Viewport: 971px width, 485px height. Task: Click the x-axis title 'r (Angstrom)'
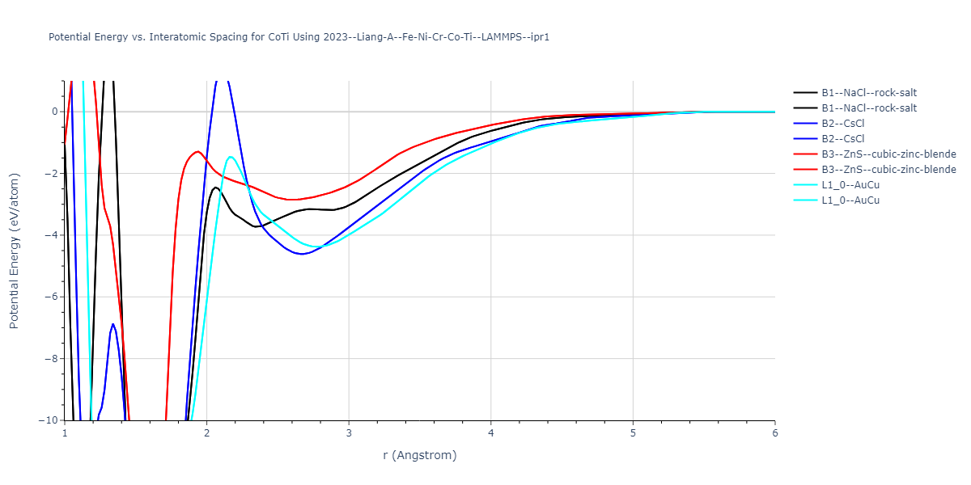click(420, 455)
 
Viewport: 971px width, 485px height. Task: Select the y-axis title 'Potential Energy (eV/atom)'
click(14, 251)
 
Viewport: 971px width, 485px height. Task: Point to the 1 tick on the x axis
click(65, 432)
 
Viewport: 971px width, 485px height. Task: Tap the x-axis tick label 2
click(206, 432)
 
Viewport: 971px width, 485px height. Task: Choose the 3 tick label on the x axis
click(349, 432)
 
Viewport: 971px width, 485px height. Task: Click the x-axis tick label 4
click(490, 432)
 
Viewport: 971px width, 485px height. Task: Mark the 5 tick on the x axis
click(633, 432)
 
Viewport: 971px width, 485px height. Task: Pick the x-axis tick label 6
click(774, 432)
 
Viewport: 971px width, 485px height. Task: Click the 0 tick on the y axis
click(55, 112)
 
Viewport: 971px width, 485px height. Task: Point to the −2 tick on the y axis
click(52, 173)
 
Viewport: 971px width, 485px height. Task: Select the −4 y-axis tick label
click(52, 235)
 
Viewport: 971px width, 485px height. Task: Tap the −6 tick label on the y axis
click(52, 297)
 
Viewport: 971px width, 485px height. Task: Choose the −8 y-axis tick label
click(52, 359)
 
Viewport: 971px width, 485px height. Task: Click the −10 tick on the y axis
click(49, 420)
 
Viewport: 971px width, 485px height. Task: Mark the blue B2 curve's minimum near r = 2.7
click(301, 254)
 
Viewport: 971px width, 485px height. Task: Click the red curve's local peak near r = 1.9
click(197, 151)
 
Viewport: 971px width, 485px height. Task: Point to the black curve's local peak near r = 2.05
click(215, 188)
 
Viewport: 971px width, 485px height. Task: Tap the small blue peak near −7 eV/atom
click(112, 324)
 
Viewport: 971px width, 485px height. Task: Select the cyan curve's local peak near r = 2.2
click(231, 156)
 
